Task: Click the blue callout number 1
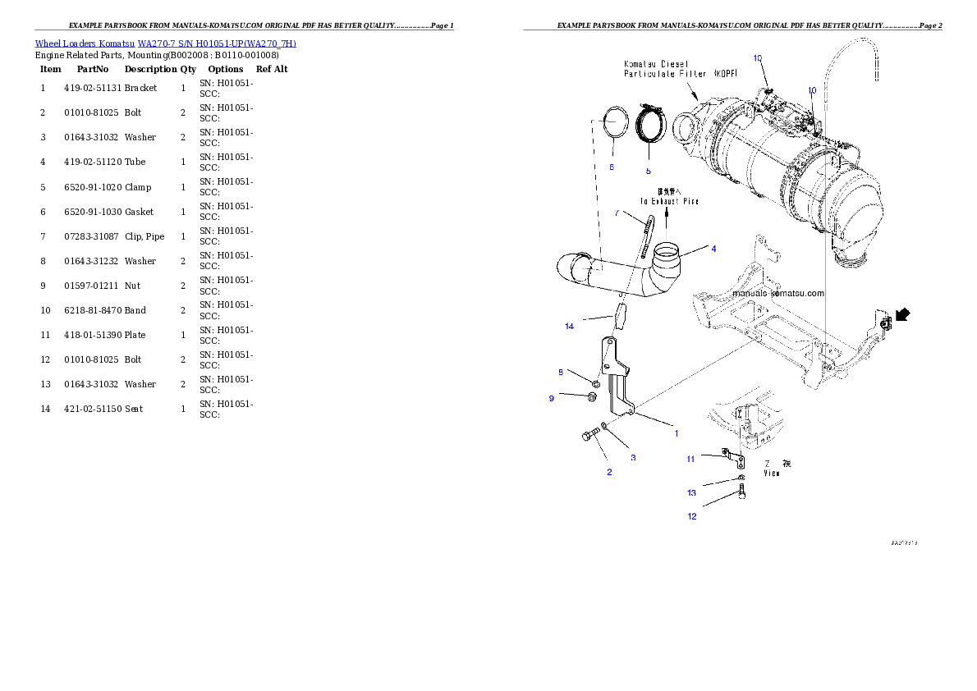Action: tap(676, 432)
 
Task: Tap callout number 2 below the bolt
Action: tap(609, 472)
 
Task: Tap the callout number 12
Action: tap(692, 516)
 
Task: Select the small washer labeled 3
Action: tap(604, 425)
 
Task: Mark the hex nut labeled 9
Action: tap(591, 398)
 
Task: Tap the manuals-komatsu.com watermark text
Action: tap(777, 292)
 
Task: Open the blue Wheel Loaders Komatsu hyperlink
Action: tap(165, 43)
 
